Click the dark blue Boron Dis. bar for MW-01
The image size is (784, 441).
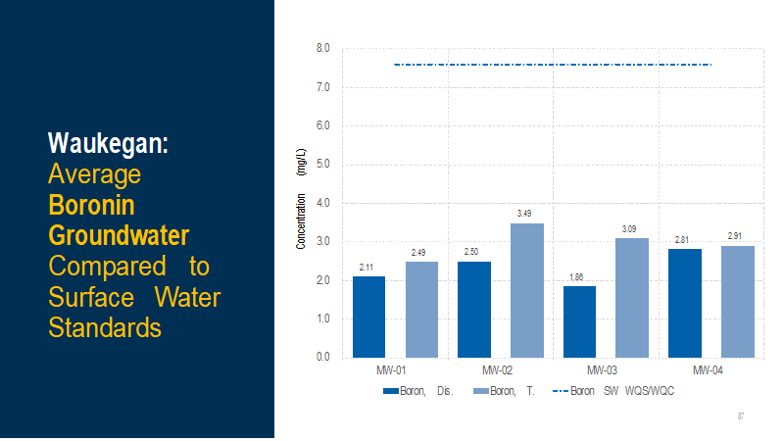pyautogui.click(x=368, y=317)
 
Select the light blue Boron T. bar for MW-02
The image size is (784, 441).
pyautogui.click(x=526, y=290)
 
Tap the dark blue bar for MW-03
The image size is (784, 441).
pyautogui.click(x=579, y=321)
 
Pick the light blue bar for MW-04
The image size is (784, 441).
pyautogui.click(x=737, y=302)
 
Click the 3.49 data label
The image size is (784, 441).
pyautogui.click(x=526, y=214)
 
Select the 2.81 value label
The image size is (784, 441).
pyautogui.click(x=684, y=239)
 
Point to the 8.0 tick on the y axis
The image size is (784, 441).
pyautogui.click(x=322, y=48)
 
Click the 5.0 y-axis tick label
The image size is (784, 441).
pyautogui.click(x=322, y=165)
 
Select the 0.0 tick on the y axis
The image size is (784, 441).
pyautogui.click(x=322, y=358)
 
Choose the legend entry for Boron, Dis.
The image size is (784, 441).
pyautogui.click(x=416, y=391)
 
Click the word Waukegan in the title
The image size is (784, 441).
pyautogui.click(x=108, y=143)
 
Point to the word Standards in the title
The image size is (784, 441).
pyautogui.click(x=105, y=326)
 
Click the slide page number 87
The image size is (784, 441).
pyautogui.click(x=741, y=417)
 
